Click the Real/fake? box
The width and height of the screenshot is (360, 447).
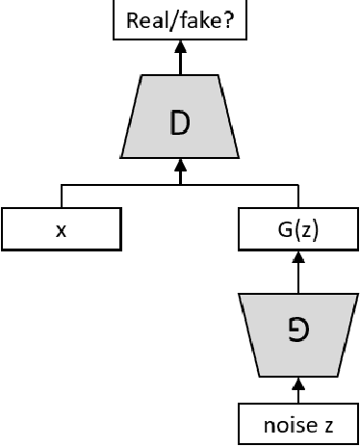tap(180, 20)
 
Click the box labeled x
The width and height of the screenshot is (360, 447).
tap(62, 229)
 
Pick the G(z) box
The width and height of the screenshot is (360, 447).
tap(297, 229)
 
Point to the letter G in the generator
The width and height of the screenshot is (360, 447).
tap(297, 332)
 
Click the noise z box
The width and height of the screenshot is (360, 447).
tap(297, 425)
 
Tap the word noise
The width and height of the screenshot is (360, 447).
tap(285, 425)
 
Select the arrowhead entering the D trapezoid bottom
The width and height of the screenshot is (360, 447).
tap(180, 165)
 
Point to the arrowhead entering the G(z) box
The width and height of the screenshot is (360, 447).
tap(298, 257)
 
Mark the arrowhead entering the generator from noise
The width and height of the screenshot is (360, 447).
tap(298, 382)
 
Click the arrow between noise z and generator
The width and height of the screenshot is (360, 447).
tap(298, 393)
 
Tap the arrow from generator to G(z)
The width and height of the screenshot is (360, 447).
tap(298, 276)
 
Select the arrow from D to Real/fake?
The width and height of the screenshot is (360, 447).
tap(180, 60)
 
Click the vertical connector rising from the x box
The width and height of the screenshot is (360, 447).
tap(62, 196)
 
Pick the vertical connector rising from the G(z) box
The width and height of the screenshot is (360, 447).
tap(298, 196)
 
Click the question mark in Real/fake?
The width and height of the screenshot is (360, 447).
tap(230, 19)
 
